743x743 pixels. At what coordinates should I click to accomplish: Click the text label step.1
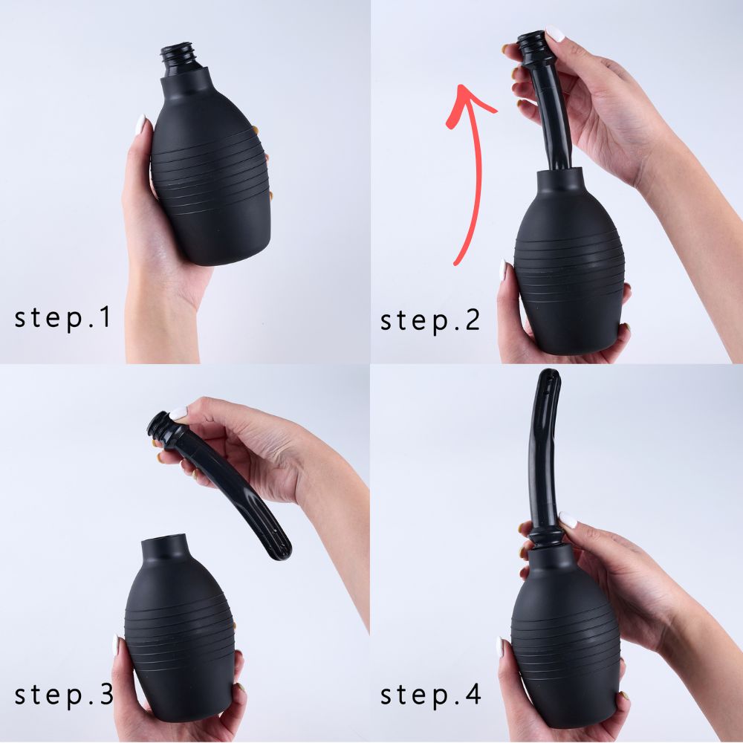pyautogui.click(x=62, y=317)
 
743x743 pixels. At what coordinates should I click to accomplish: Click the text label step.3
pyautogui.click(x=64, y=695)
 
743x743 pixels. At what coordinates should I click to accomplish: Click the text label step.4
pyautogui.click(x=430, y=695)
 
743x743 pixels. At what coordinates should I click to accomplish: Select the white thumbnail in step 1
pyautogui.click(x=140, y=124)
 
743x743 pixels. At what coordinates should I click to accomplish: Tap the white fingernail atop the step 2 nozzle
pyautogui.click(x=555, y=33)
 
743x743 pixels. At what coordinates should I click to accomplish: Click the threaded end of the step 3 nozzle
pyautogui.click(x=159, y=425)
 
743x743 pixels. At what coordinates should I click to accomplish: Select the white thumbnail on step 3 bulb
pyautogui.click(x=116, y=644)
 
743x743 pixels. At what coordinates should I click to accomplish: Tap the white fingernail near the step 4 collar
pyautogui.click(x=568, y=519)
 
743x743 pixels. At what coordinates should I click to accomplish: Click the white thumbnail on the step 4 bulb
pyautogui.click(x=502, y=646)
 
